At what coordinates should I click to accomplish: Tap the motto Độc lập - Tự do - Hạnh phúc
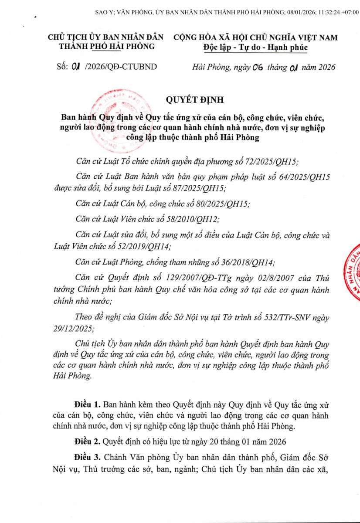[255, 47]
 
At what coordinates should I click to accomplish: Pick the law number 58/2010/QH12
[190, 218]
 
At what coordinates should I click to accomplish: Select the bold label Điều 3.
[85, 458]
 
